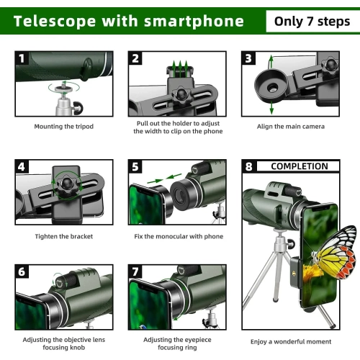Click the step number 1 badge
pyautogui.click(x=22, y=58)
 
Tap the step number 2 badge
pyautogui.click(x=135, y=58)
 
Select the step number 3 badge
pyautogui.click(x=248, y=58)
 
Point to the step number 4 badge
pyautogui.click(x=22, y=167)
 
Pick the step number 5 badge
pyautogui.click(x=135, y=167)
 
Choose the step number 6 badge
pyautogui.click(x=22, y=272)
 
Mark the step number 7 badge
pyautogui.click(x=135, y=272)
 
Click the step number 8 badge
pyautogui.click(x=248, y=167)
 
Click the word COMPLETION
pyautogui.click(x=299, y=167)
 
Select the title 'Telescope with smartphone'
pyautogui.click(x=128, y=21)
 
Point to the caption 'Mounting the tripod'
pyautogui.click(x=63, y=127)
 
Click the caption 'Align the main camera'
pyautogui.click(x=291, y=127)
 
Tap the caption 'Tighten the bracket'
pyautogui.click(x=63, y=236)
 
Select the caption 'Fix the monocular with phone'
pyautogui.click(x=179, y=236)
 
